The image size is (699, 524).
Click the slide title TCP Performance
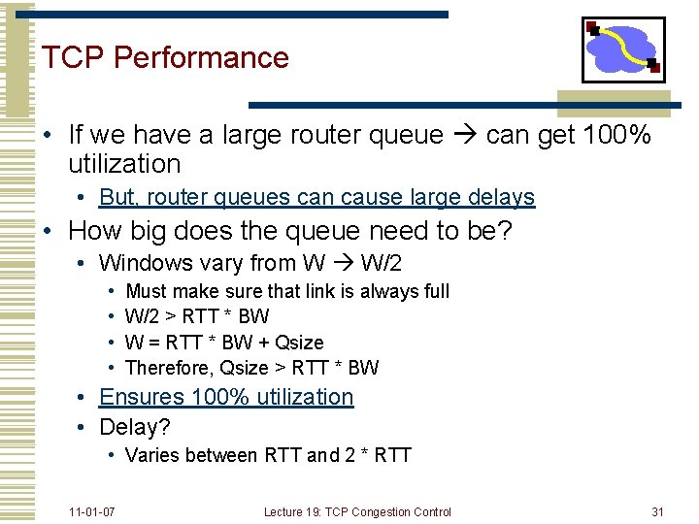coord(165,57)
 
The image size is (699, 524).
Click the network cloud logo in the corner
coord(623,49)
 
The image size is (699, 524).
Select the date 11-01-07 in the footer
coord(92,511)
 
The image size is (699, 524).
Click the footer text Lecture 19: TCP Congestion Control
coord(357,511)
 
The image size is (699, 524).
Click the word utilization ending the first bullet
coord(125,164)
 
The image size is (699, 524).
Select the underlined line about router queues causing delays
coord(316,197)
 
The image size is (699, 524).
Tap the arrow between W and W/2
coord(342,263)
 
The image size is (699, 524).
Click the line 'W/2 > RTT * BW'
coord(197,316)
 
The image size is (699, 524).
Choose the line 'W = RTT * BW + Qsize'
coord(224,342)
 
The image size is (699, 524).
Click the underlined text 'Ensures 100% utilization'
coord(226,397)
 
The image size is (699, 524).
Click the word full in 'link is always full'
coord(432,290)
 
